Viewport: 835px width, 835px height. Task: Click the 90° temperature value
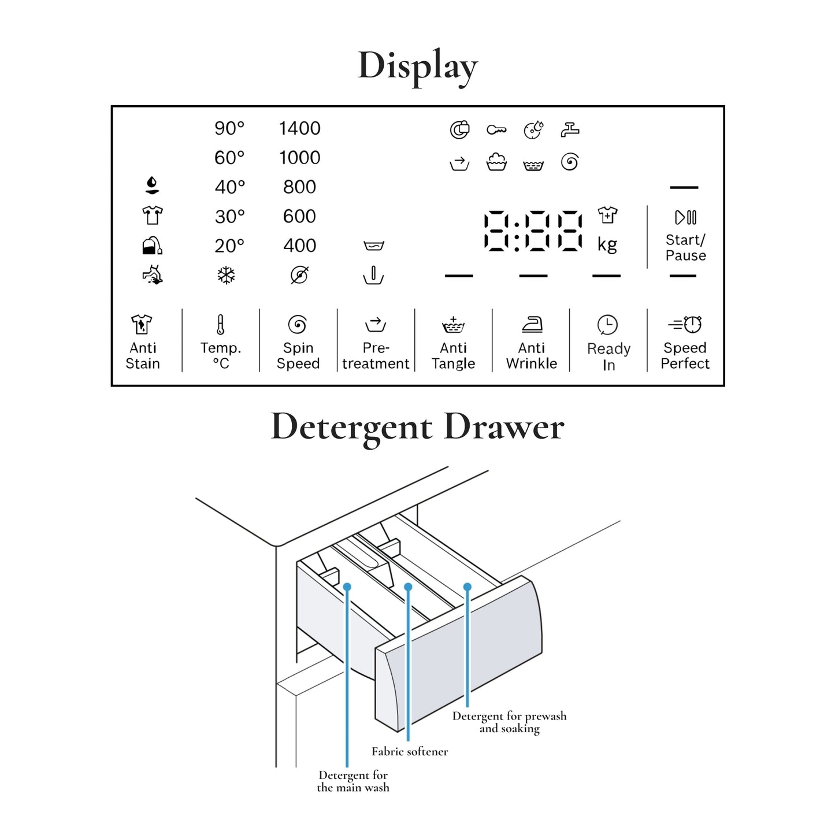pyautogui.click(x=229, y=128)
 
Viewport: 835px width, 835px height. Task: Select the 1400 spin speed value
pyautogui.click(x=299, y=128)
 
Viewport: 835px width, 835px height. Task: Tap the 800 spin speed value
pyautogui.click(x=299, y=187)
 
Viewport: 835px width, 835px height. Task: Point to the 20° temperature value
pyautogui.click(x=229, y=246)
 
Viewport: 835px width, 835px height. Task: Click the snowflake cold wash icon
pyautogui.click(x=226, y=275)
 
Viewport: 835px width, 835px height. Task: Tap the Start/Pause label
pyautogui.click(x=685, y=248)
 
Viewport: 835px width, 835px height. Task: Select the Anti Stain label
pyautogui.click(x=143, y=356)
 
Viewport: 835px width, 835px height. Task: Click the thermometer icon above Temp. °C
pyautogui.click(x=220, y=325)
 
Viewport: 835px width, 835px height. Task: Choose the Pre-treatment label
pyautogui.click(x=376, y=356)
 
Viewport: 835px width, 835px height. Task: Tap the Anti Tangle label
pyautogui.click(x=454, y=356)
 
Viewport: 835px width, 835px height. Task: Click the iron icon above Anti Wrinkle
pyautogui.click(x=532, y=325)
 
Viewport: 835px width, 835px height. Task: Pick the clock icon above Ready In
pyautogui.click(x=607, y=325)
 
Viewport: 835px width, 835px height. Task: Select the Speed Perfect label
pyautogui.click(x=685, y=356)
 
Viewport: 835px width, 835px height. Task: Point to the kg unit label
pyautogui.click(x=607, y=244)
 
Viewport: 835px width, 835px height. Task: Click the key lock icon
pyautogui.click(x=496, y=130)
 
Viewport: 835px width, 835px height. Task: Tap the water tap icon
pyautogui.click(x=570, y=130)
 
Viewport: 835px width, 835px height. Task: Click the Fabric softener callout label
pyautogui.click(x=410, y=752)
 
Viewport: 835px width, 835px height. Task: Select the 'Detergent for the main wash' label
pyautogui.click(x=353, y=781)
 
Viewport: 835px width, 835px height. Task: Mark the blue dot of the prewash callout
pyautogui.click(x=467, y=587)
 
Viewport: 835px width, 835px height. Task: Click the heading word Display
pyautogui.click(x=418, y=66)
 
